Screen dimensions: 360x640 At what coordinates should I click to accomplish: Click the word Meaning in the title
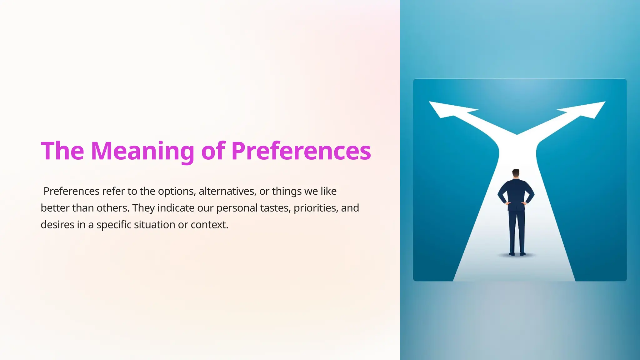click(x=142, y=151)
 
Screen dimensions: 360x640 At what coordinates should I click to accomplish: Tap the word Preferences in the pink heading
click(x=301, y=151)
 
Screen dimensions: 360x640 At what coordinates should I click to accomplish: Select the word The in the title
click(x=62, y=151)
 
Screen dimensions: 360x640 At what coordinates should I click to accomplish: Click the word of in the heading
click(x=213, y=151)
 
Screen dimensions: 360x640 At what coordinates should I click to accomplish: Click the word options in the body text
click(x=177, y=191)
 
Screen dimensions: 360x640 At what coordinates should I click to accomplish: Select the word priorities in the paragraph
click(x=316, y=208)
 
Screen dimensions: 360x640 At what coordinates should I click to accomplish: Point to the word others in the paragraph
click(x=113, y=208)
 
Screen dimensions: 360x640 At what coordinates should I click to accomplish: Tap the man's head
click(x=516, y=173)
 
